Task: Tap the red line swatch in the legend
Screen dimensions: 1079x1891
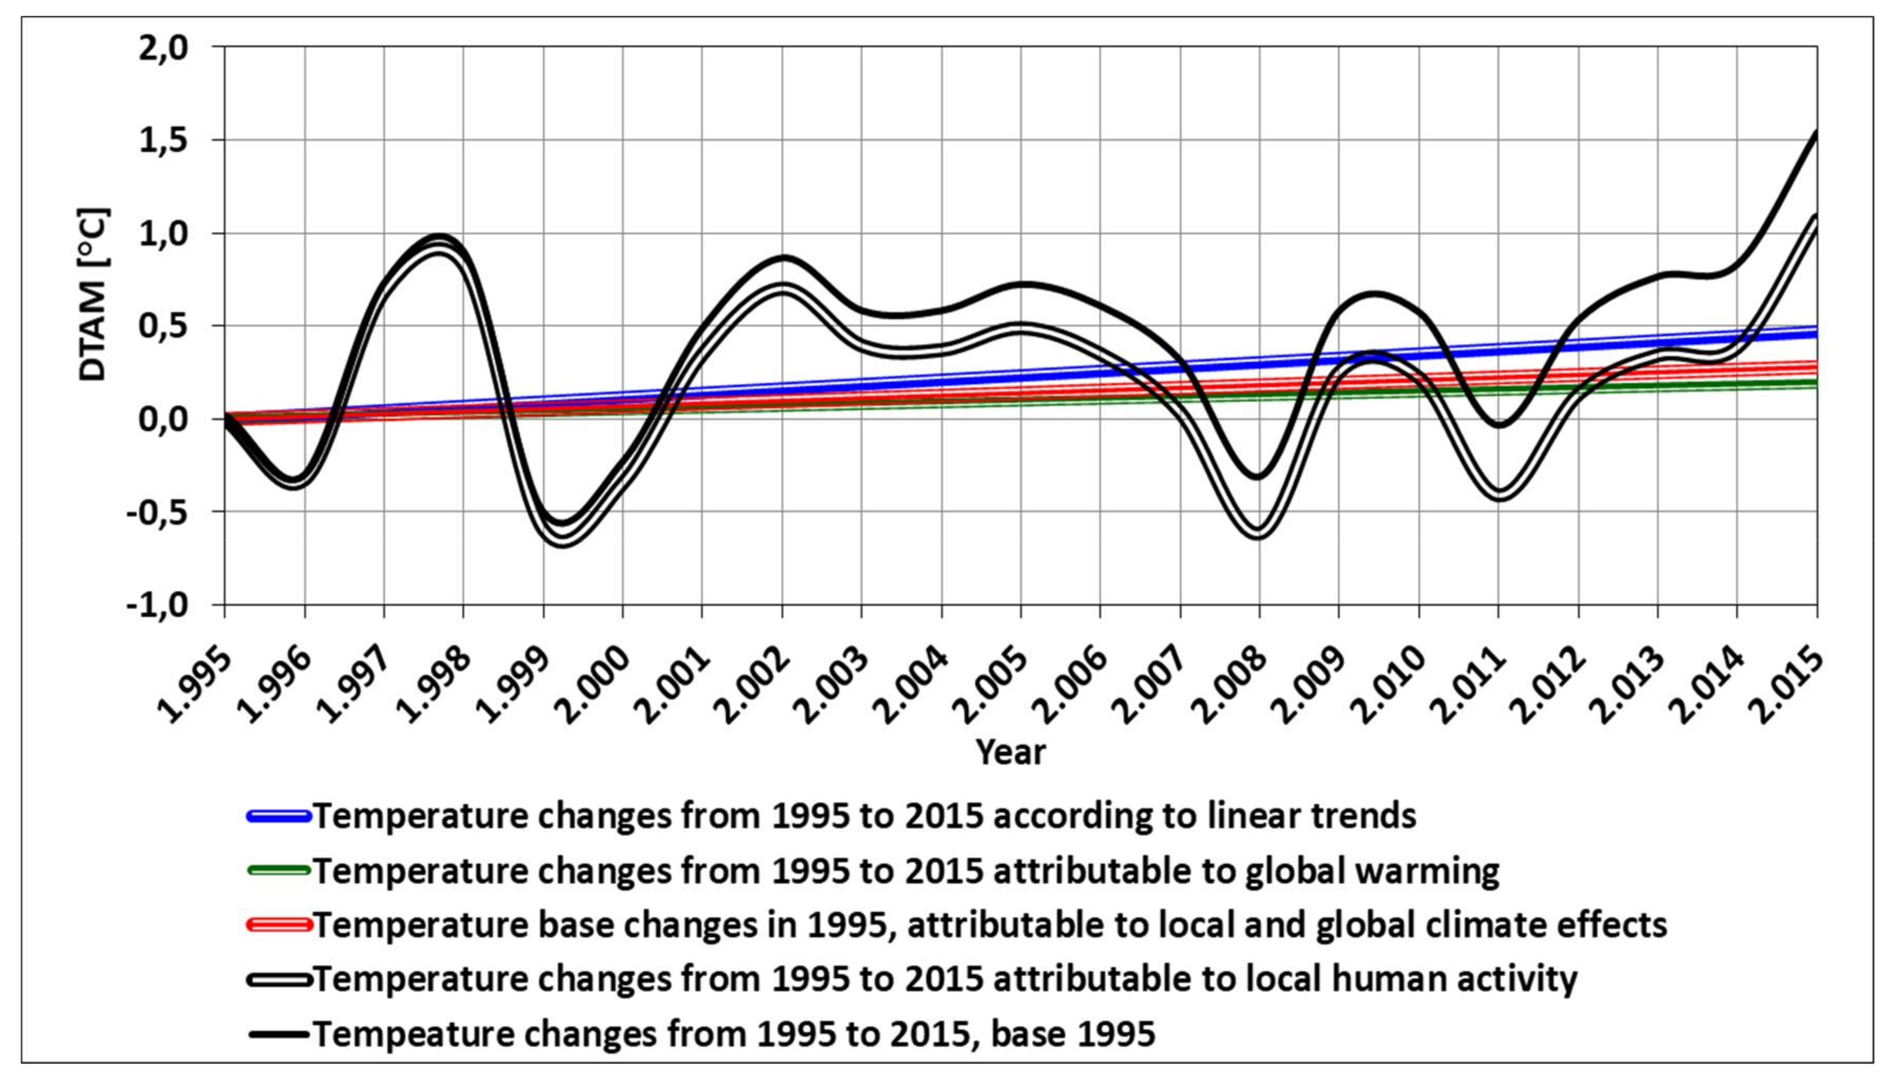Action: tap(278, 925)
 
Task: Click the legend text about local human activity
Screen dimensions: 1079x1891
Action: tap(945, 979)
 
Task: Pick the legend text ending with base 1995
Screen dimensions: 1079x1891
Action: tap(734, 1033)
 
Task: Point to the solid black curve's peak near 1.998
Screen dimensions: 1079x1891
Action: tap(437, 237)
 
